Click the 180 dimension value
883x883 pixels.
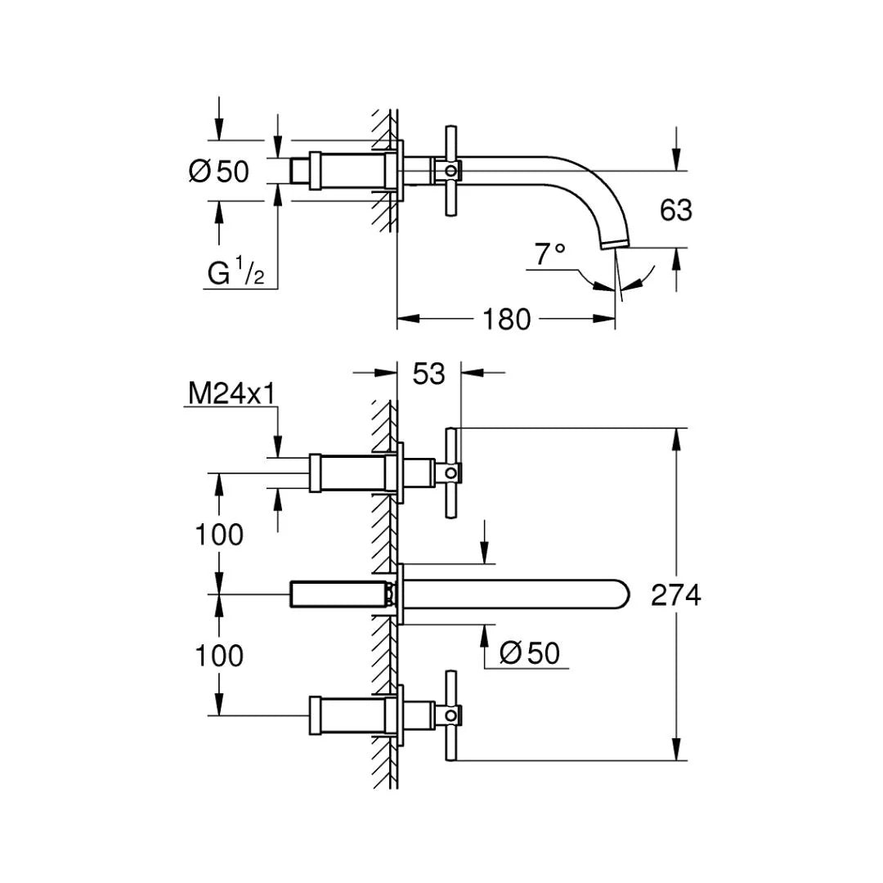[507, 319]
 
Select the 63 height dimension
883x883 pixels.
[675, 210]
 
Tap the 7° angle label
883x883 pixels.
[550, 255]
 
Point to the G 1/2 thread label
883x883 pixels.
[235, 272]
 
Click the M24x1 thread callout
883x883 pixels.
[231, 393]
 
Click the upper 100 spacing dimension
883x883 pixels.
[219, 535]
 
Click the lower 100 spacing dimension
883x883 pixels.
[219, 655]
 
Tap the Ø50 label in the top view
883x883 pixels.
[218, 171]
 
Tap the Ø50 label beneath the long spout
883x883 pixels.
[530, 652]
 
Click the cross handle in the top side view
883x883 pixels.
[449, 171]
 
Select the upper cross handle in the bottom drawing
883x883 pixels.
[450, 473]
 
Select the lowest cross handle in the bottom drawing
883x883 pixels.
[450, 716]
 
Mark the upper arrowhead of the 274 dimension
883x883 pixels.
[675, 438]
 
